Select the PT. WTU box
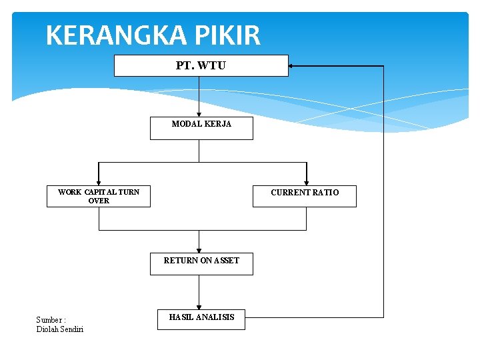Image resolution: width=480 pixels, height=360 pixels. [201, 66]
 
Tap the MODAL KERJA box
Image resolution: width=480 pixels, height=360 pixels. [201, 129]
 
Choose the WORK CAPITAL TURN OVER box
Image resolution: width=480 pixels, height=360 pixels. [99, 196]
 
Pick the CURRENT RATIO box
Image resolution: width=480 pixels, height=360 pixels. [305, 196]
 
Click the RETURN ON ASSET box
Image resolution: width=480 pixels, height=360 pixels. [201, 264]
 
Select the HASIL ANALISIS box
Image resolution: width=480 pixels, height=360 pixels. [201, 319]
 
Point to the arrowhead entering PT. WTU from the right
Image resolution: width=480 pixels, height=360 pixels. [292, 66]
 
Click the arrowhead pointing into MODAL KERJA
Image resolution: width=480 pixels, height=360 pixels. [199, 115]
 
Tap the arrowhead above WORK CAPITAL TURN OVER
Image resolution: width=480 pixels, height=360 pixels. [99, 182]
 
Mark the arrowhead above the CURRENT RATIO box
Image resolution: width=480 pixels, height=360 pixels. [306, 182]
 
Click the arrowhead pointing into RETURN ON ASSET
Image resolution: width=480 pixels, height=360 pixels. [199, 251]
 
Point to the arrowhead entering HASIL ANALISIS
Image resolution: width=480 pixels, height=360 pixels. [199, 307]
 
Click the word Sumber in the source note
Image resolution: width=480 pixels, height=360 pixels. [49, 320]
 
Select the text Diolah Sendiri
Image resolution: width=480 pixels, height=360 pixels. [60, 329]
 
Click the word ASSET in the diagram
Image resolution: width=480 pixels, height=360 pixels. [226, 261]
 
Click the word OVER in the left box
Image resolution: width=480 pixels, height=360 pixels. [99, 200]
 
